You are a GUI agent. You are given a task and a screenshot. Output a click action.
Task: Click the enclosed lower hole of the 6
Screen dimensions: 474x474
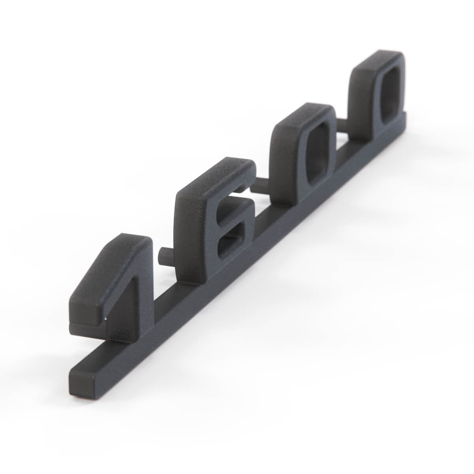point(231,242)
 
